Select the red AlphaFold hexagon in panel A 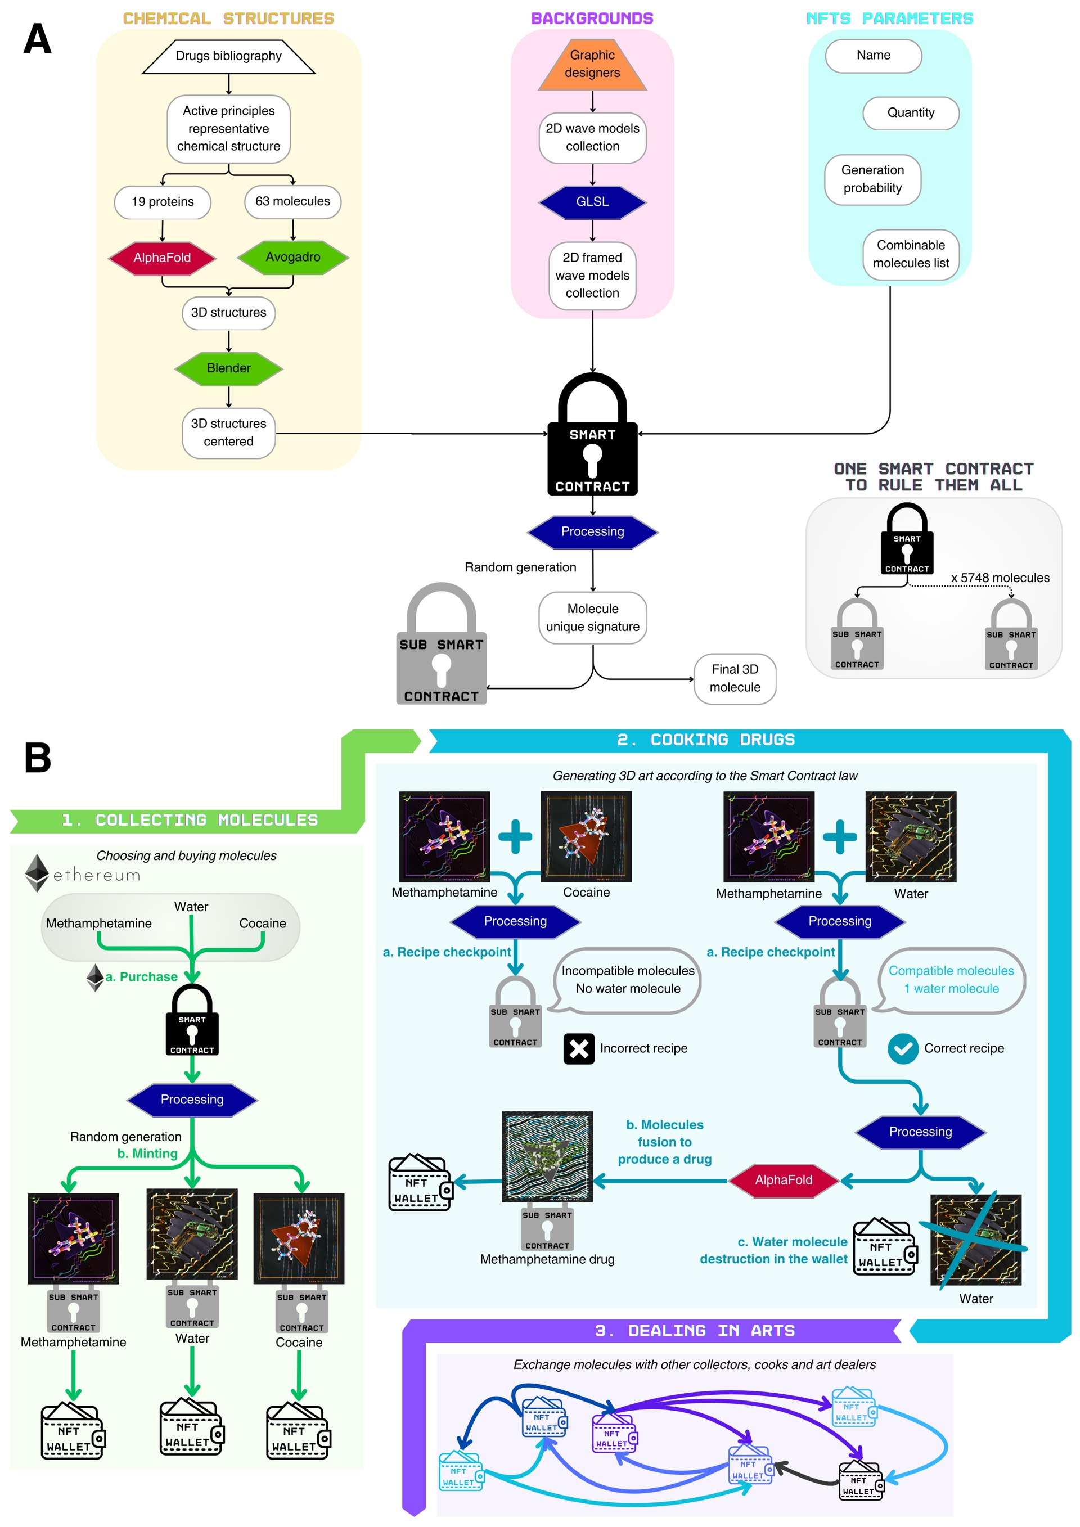tap(161, 258)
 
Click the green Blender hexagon tap(228, 368)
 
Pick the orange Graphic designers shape tap(592, 65)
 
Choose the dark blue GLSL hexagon tap(592, 202)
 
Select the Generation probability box tap(872, 179)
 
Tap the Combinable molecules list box tap(911, 255)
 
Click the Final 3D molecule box tap(735, 678)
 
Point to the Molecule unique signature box tap(592, 618)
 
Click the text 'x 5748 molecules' tap(1000, 578)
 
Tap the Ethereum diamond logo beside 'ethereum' tap(37, 872)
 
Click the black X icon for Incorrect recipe tap(579, 1049)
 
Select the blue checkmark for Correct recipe tap(902, 1049)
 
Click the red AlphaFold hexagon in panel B tap(784, 1180)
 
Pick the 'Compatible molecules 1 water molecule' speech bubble tap(951, 980)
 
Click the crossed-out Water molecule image tap(975, 1240)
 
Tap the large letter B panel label tap(38, 758)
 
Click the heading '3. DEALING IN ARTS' tap(694, 1331)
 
